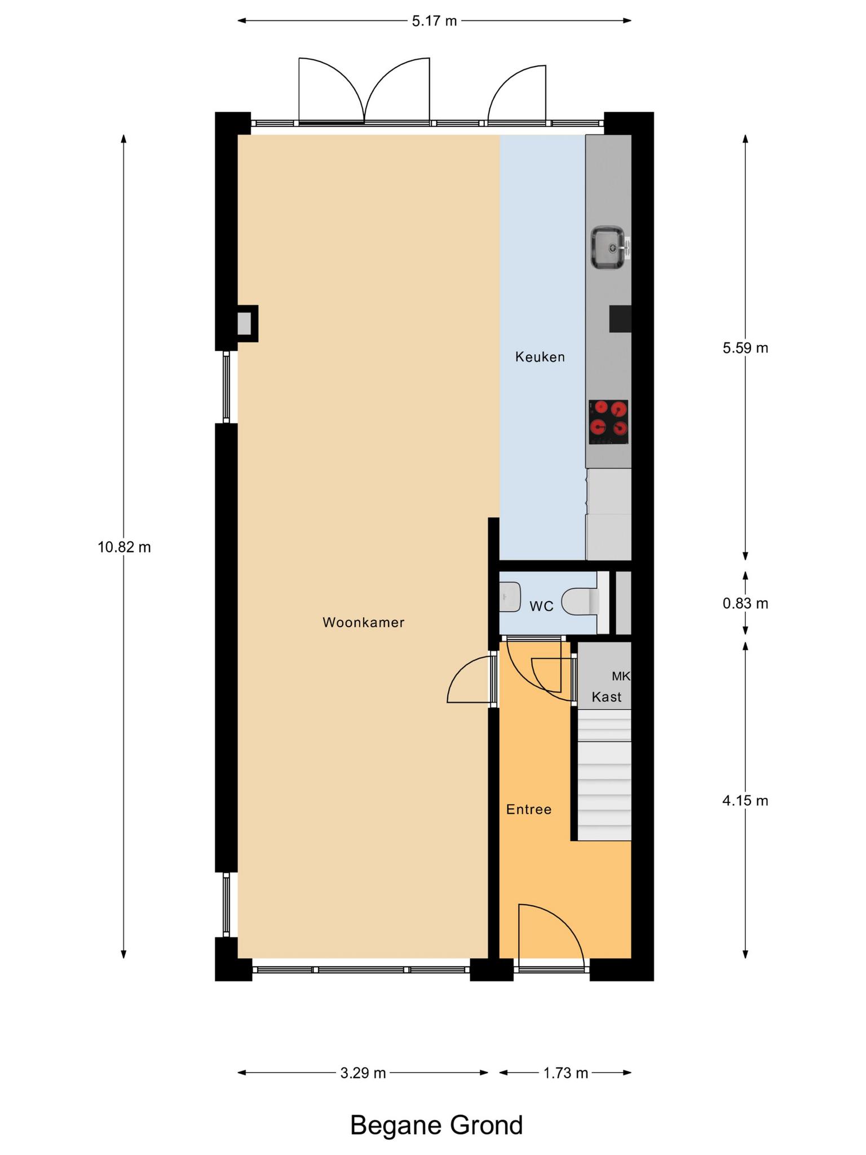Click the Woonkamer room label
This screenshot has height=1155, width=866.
click(363, 623)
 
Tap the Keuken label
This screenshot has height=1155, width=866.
click(540, 357)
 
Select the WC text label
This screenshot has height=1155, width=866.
click(541, 606)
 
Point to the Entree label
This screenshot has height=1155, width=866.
click(528, 810)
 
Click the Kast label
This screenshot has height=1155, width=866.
click(606, 697)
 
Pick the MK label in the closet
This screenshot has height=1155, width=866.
click(621, 676)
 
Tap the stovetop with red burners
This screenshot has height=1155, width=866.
click(608, 422)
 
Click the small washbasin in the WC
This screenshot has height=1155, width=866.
click(510, 597)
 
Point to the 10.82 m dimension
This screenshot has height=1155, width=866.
click(124, 547)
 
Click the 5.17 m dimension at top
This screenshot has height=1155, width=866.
click(434, 21)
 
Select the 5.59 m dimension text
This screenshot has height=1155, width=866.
click(745, 348)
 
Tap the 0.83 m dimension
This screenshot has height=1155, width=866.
click(745, 603)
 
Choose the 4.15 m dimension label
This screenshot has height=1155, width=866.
click(745, 801)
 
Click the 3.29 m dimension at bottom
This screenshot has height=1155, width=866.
click(363, 1073)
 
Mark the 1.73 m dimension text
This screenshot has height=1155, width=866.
click(565, 1073)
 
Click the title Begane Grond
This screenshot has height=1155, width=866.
click(436, 1125)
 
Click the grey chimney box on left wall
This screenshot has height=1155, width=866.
click(244, 324)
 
